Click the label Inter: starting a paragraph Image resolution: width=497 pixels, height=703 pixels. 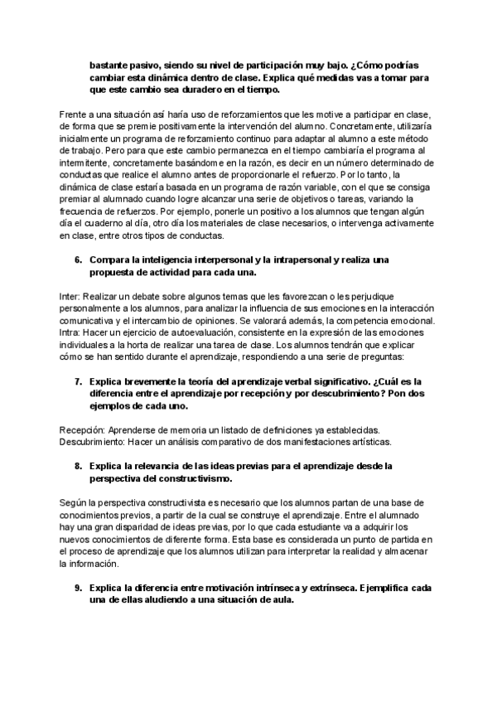pos(71,297)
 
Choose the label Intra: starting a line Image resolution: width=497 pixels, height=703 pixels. pos(71,332)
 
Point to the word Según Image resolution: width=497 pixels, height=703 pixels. pos(75,503)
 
